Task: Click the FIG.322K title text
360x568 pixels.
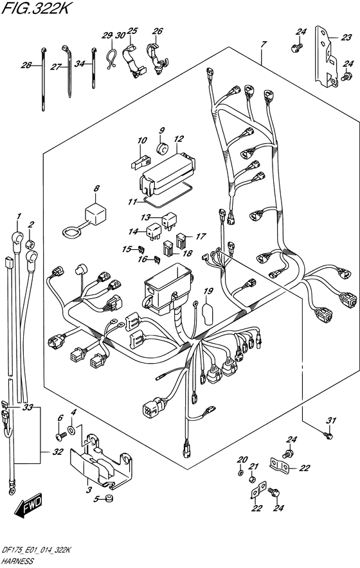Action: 35,8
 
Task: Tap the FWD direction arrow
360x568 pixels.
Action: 29,504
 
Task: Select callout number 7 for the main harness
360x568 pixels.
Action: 264,44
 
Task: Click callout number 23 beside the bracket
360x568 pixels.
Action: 346,37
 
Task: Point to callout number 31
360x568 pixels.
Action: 331,421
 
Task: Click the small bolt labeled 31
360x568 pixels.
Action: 328,435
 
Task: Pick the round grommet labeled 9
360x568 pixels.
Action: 163,148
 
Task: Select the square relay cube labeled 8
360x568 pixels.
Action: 95,215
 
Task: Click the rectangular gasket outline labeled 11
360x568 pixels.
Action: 166,195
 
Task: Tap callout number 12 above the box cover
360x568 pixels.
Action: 179,139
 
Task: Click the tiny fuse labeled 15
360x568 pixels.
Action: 141,249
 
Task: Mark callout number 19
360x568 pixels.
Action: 208,291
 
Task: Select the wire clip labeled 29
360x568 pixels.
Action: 111,58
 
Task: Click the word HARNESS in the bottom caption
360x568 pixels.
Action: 17,561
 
